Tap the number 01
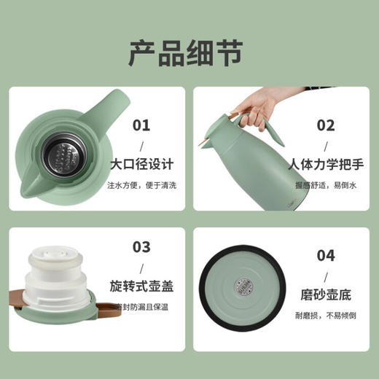[142, 125]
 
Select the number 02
[327, 125]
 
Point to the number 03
[141, 247]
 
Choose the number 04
[326, 256]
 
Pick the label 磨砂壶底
[326, 294]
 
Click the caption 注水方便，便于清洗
[143, 185]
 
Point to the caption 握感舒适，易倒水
[326, 185]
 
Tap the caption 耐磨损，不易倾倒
[326, 316]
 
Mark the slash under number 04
[326, 276]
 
